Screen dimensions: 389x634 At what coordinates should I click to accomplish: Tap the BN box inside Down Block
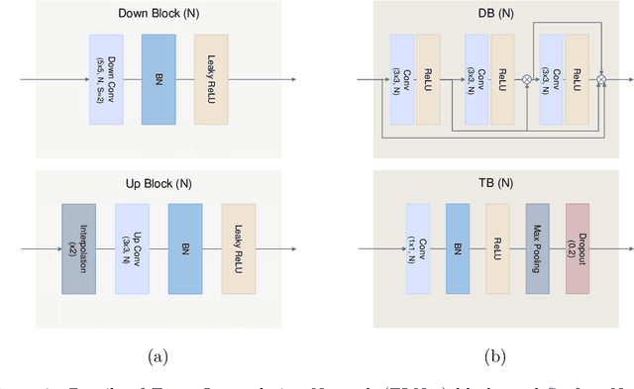click(x=159, y=80)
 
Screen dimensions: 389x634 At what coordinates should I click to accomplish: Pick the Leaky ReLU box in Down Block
click(x=212, y=80)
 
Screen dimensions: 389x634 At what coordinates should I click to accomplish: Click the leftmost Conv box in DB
click(x=401, y=80)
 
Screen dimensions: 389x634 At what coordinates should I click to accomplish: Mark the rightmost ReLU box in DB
click(x=578, y=80)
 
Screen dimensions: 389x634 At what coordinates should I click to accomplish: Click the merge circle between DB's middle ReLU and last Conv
click(x=527, y=79)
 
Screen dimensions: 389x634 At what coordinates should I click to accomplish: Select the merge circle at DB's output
click(x=601, y=79)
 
